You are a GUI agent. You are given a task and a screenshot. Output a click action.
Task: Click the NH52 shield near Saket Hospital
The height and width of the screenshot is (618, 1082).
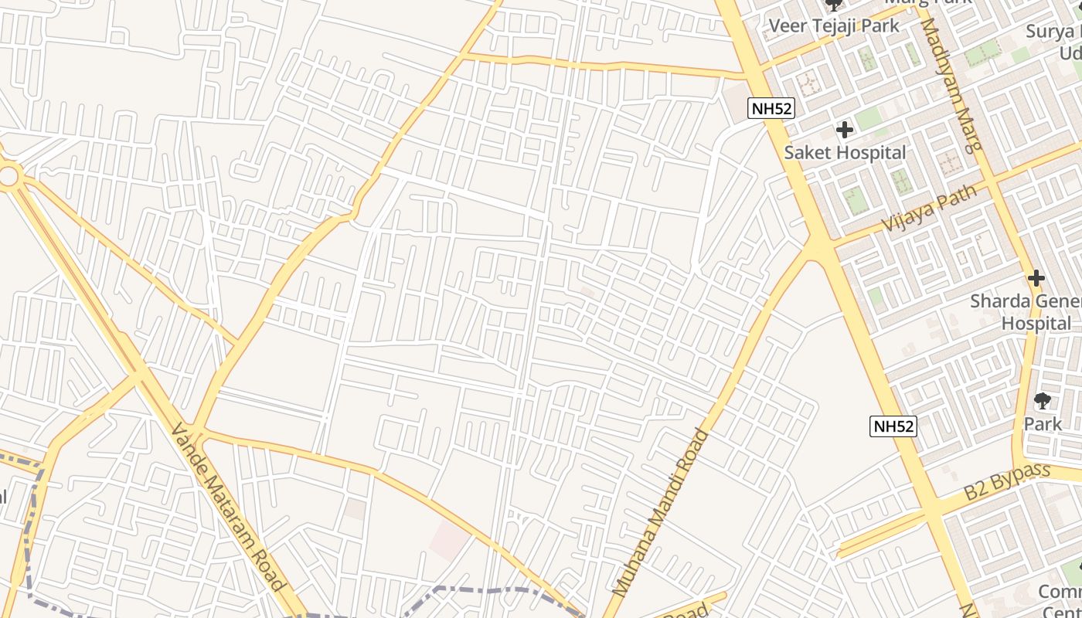click(771, 109)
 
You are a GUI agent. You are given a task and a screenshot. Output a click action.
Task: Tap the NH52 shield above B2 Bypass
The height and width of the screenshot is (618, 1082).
click(893, 426)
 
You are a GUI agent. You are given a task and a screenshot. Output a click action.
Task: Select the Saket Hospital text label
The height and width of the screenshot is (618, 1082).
click(845, 152)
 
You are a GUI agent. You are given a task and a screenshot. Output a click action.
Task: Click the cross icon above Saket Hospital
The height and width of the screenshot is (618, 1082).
click(845, 130)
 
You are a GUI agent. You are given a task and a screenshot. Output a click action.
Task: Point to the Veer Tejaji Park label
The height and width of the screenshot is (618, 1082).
click(833, 25)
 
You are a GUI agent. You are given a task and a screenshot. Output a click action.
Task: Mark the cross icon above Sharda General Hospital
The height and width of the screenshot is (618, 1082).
click(1036, 278)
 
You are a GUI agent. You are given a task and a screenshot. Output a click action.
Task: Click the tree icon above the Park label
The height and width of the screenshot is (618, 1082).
click(1043, 401)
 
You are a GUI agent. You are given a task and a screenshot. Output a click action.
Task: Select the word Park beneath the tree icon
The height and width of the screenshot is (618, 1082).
click(1043, 423)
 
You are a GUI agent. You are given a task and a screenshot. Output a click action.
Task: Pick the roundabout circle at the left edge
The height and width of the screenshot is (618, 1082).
click(8, 176)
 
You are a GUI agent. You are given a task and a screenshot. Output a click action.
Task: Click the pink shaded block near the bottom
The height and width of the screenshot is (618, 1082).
click(449, 540)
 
